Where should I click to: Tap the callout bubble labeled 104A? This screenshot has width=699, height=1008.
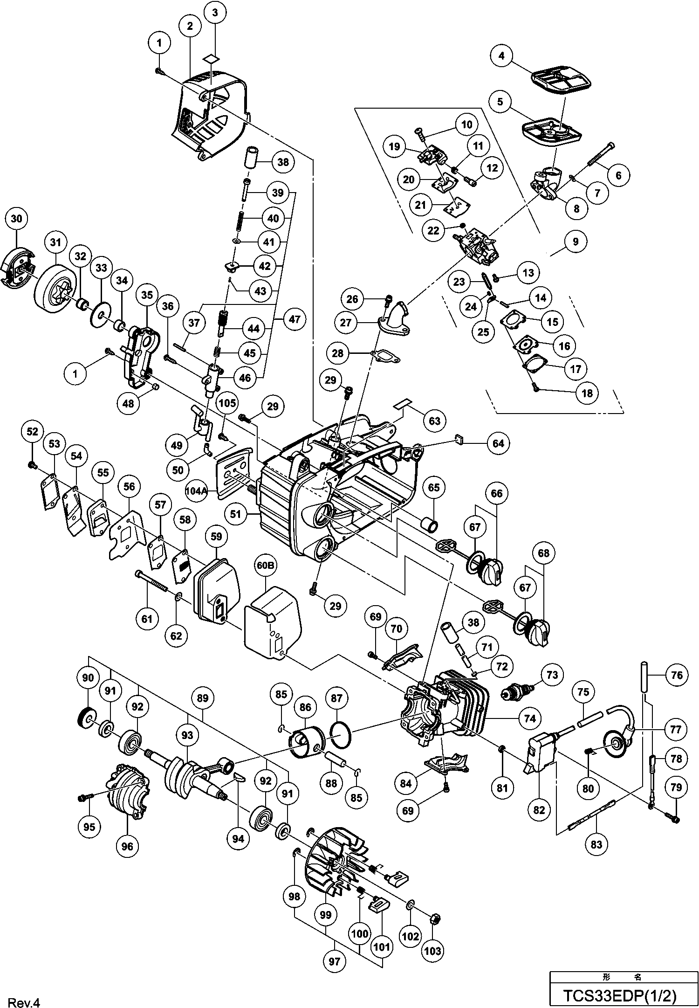pyautogui.click(x=196, y=490)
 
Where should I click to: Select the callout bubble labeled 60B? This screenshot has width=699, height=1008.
pyautogui.click(x=265, y=565)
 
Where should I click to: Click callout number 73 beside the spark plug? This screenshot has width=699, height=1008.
pyautogui.click(x=552, y=675)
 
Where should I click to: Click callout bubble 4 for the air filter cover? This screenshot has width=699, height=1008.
pyautogui.click(x=501, y=56)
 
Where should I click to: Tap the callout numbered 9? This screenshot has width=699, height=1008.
pyautogui.click(x=576, y=242)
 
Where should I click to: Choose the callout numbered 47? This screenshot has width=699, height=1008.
pyautogui.click(x=295, y=319)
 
